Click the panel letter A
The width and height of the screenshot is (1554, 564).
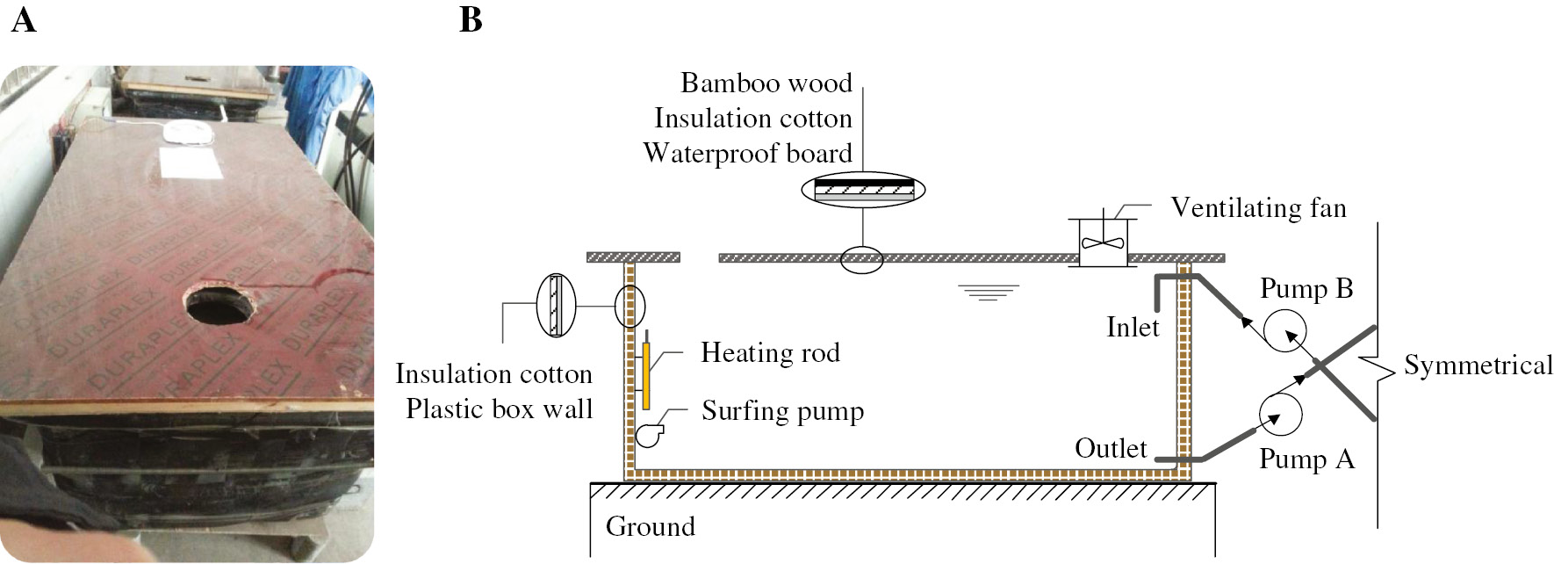point(24,18)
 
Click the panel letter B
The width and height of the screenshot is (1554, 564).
point(471,18)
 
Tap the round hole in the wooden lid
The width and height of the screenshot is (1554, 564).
point(218,303)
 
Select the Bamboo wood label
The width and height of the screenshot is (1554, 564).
point(766,83)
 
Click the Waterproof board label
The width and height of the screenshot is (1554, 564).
point(748,154)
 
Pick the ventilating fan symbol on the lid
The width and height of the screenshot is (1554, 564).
point(1103,241)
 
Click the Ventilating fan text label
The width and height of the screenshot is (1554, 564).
point(1258,208)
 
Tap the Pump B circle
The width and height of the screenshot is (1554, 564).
point(1284,332)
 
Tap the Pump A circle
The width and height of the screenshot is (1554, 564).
point(1281,413)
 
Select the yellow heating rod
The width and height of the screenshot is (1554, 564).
point(646,376)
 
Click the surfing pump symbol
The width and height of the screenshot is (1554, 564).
point(649,433)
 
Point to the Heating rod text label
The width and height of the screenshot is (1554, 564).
point(770,353)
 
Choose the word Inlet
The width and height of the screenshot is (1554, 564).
point(1133,328)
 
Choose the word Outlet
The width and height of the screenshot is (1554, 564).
point(1111,449)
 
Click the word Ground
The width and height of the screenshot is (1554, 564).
point(650,527)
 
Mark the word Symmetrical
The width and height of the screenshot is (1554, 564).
point(1478,365)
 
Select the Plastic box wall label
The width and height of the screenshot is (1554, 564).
point(499,409)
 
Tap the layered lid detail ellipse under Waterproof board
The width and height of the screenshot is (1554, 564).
point(863,189)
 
